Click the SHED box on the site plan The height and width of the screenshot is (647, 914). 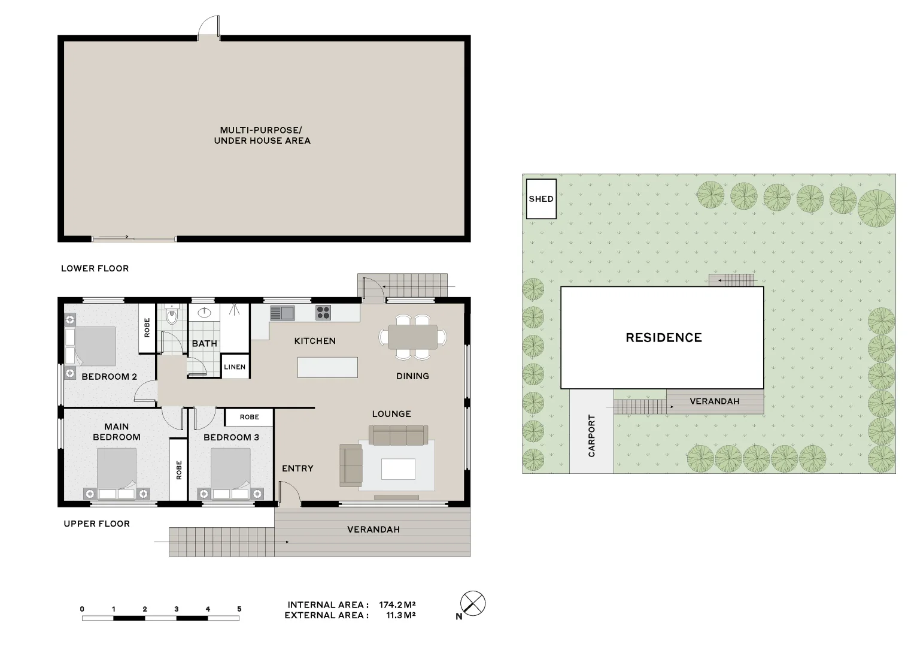pos(540,199)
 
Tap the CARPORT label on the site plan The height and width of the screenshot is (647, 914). pos(591,436)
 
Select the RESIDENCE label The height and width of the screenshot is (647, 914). pos(663,338)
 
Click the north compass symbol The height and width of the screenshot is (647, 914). pos(473,603)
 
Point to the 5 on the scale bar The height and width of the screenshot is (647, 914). pos(239,609)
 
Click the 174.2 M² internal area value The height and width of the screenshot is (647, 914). pos(397,604)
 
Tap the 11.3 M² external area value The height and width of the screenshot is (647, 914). pos(400,615)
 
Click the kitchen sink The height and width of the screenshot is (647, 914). pos(282,313)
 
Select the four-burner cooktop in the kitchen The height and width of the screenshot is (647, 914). pos(323,312)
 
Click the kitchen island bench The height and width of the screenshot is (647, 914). pos(327,367)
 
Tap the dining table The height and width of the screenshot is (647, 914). pos(412,337)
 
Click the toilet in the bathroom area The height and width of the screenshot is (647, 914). pos(172,316)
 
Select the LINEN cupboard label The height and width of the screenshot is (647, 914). pos(235,367)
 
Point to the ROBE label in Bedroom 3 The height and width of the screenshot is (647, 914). pos(249,417)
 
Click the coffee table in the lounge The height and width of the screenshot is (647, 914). pos(398,469)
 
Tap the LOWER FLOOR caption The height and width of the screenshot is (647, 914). pos(95,268)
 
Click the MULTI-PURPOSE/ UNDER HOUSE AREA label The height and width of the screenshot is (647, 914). pos(262,135)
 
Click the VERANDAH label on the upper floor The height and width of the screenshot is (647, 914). pos(374,530)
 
